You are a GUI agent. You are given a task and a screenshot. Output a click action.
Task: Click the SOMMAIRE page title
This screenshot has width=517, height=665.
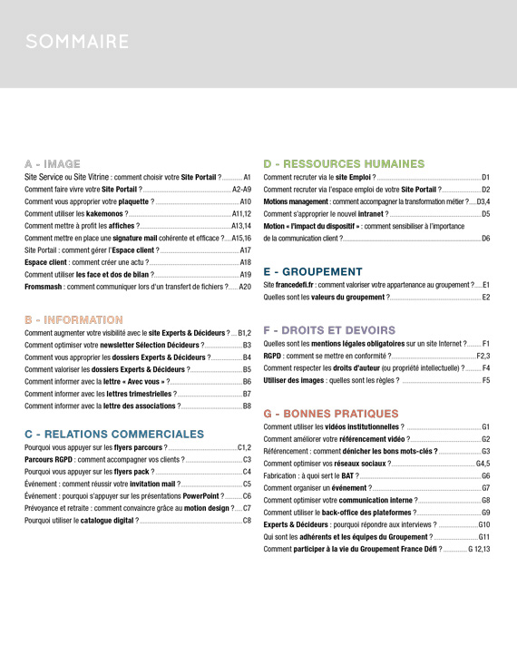77,42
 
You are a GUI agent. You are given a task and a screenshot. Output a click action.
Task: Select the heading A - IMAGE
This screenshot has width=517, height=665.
53,164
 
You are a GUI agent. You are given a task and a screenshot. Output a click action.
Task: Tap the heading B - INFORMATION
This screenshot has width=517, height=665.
73,320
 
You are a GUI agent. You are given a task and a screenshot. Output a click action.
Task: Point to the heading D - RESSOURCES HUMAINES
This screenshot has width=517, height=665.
344,164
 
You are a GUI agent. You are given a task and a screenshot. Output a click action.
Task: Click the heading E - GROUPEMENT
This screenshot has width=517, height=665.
312,271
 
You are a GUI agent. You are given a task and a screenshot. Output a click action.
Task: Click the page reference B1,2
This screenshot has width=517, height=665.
244,333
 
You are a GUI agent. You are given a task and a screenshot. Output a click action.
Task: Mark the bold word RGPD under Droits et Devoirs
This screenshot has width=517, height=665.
272,357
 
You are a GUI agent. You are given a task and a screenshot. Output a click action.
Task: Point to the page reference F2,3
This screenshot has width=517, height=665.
483,357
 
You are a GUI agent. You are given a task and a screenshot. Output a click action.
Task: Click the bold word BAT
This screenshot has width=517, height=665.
347,475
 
